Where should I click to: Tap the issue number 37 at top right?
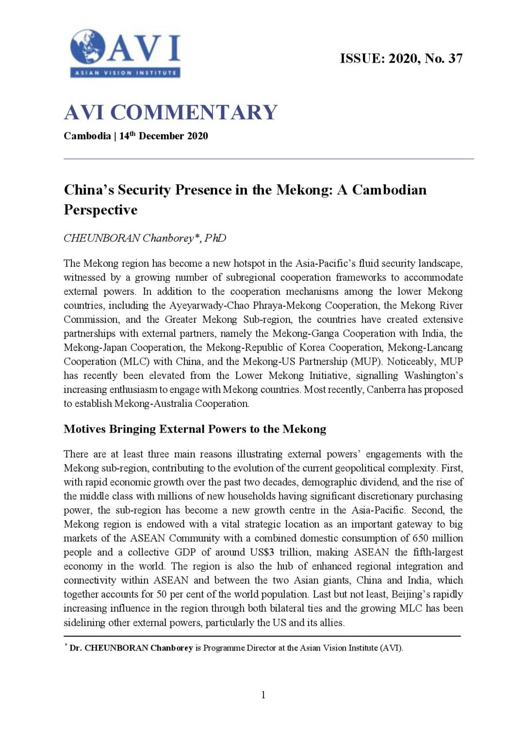click(455, 59)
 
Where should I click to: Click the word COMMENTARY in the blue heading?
click(194, 113)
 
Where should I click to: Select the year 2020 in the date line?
click(198, 136)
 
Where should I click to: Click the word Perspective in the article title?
click(100, 210)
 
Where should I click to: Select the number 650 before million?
click(420, 538)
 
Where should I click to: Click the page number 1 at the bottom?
click(263, 695)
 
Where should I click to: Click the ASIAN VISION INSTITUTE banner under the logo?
click(125, 73)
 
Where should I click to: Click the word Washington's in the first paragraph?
click(433, 376)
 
